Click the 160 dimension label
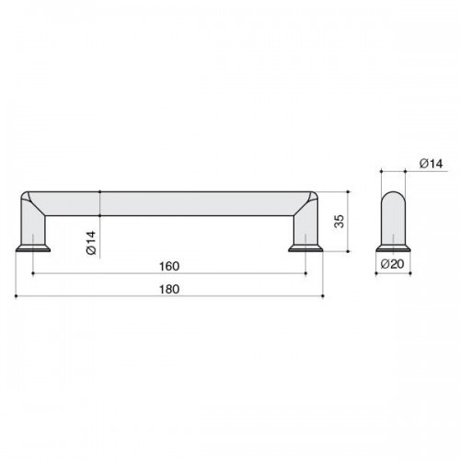point(169,266)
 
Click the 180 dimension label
point(169,289)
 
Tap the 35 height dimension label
point(339,221)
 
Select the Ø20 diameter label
point(393,264)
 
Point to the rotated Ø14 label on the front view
point(91,242)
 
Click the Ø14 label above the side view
point(431,164)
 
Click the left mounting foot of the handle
point(33,247)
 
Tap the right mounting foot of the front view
point(305,247)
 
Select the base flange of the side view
point(393,247)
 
